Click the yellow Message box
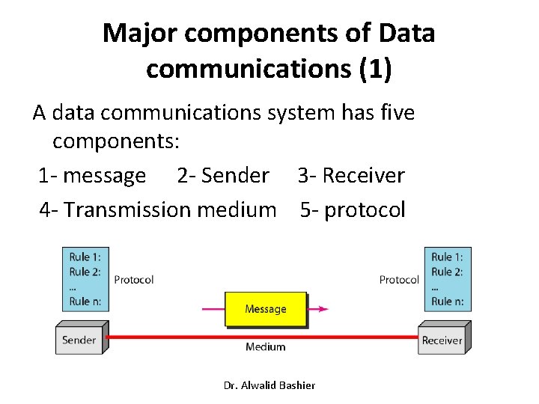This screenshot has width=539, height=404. click(x=266, y=309)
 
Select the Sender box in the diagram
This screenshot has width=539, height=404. click(x=79, y=340)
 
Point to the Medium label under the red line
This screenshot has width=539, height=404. click(x=266, y=347)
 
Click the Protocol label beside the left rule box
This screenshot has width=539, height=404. click(x=133, y=280)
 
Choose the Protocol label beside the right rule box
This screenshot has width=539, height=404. click(x=399, y=280)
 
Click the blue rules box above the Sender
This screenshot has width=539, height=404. click(x=85, y=279)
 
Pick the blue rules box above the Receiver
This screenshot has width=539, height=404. click(x=447, y=279)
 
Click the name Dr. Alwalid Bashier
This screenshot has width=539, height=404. click(x=269, y=385)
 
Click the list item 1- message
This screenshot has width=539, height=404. click(x=92, y=176)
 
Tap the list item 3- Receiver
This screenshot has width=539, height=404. click(x=351, y=176)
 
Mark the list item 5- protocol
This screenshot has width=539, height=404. click(x=353, y=209)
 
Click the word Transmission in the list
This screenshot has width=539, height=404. click(x=127, y=209)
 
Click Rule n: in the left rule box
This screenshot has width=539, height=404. click(x=85, y=302)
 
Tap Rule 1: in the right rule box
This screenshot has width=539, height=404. click(x=447, y=257)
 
